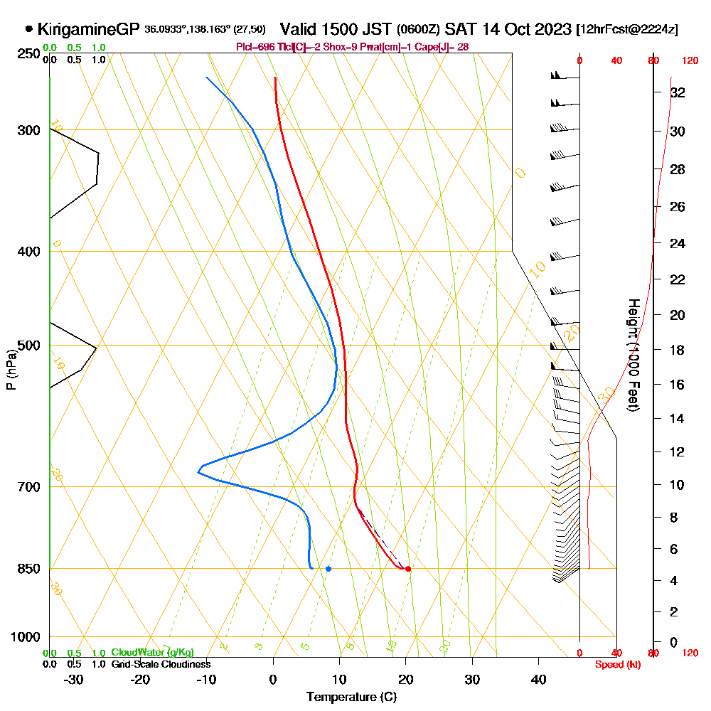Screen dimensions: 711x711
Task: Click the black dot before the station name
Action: point(29,29)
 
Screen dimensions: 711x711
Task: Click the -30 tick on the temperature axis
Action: point(73,680)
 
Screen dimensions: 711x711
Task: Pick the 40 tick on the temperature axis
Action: point(539,680)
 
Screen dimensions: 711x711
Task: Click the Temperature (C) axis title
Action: point(351,697)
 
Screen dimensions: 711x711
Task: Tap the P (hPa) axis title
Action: point(11,369)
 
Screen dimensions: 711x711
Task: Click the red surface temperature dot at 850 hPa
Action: point(407,569)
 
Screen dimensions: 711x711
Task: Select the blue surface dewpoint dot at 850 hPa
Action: point(328,569)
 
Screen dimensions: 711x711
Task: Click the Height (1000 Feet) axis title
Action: point(632,354)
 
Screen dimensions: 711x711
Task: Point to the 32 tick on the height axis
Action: point(678,92)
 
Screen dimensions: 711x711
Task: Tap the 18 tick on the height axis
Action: point(678,350)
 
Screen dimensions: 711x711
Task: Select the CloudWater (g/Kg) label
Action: point(152,652)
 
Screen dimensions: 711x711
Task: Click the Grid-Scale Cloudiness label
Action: point(160,664)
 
